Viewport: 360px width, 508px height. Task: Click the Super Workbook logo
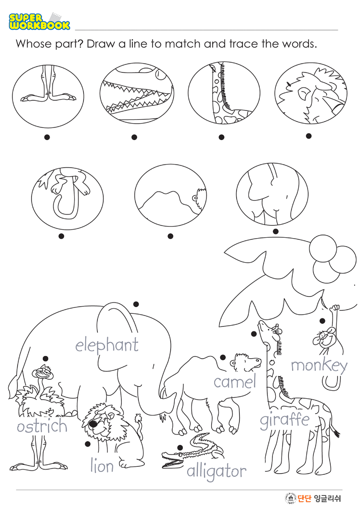click(39, 21)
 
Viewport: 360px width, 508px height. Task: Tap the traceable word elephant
click(107, 345)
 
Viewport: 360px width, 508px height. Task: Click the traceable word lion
click(102, 466)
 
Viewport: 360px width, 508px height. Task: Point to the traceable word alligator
click(217, 471)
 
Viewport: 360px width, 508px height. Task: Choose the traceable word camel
click(234, 381)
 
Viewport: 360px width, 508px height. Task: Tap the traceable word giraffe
click(285, 420)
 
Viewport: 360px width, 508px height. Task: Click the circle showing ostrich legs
click(48, 96)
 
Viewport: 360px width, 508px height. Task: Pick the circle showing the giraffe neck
click(224, 93)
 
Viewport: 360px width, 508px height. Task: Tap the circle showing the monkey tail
click(67, 198)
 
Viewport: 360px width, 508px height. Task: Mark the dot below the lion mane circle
click(309, 136)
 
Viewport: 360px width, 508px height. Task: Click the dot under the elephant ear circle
click(275, 231)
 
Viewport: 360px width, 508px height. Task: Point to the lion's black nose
click(93, 423)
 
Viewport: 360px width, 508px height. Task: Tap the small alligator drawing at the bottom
click(193, 451)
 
